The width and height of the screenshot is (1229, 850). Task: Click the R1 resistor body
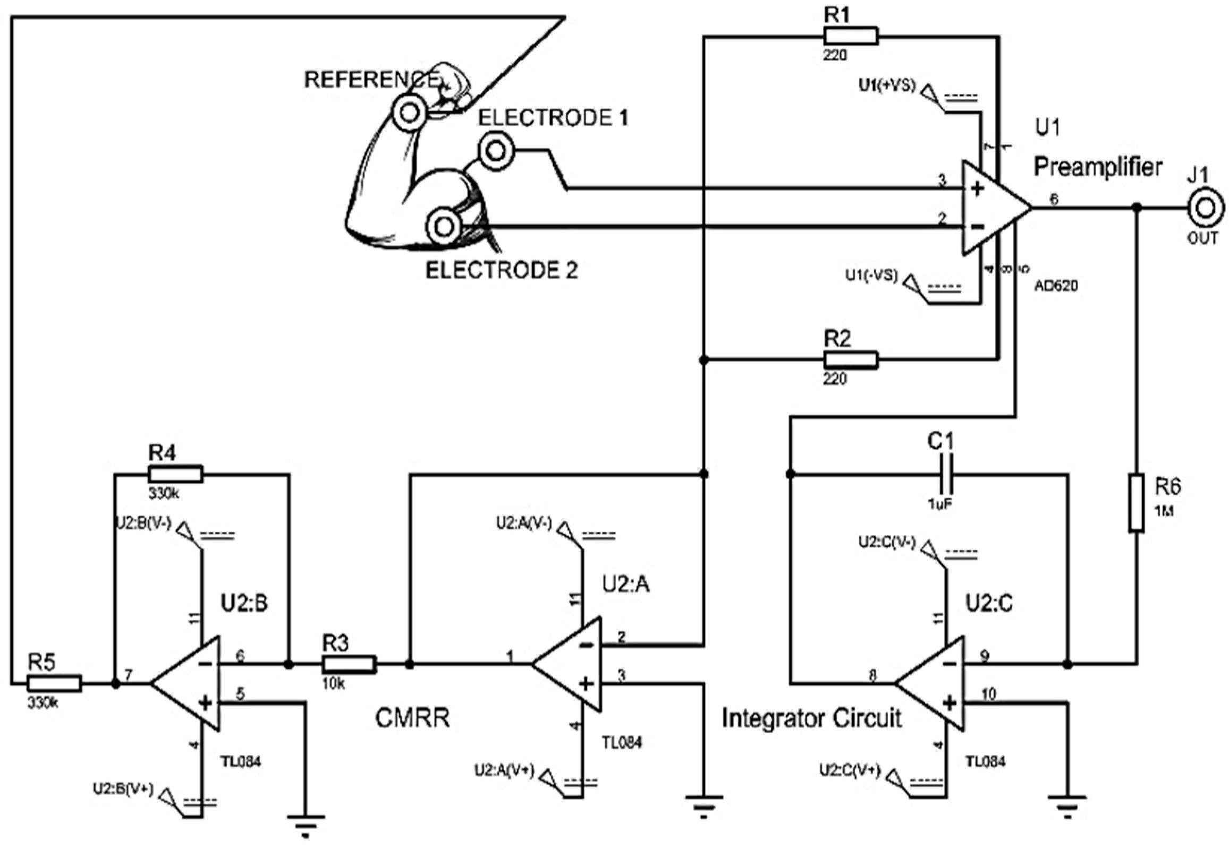tap(851, 36)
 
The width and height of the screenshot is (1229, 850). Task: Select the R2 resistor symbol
tap(851, 360)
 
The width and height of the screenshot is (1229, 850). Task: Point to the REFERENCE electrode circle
tap(409, 113)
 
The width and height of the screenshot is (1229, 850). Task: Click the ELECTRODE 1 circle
tap(496, 151)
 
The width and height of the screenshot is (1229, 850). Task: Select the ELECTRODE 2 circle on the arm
tap(443, 227)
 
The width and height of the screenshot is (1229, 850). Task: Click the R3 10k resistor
tap(349, 664)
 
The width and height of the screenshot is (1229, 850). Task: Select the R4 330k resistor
tap(175, 474)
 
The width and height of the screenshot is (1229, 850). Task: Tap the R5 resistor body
tap(54, 683)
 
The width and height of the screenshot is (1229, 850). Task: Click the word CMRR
tap(412, 718)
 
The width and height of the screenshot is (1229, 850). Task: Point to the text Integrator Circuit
tap(811, 717)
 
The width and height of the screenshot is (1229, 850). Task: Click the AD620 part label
tap(1056, 286)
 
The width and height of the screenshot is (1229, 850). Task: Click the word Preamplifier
tap(1098, 167)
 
